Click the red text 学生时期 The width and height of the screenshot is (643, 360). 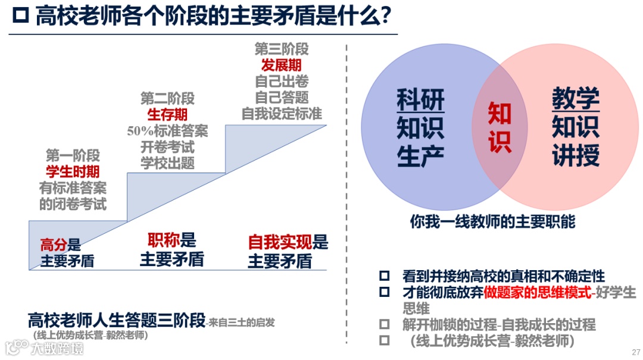tap(73, 172)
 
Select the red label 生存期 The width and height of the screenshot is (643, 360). tap(167, 114)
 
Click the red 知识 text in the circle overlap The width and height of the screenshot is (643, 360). tap(500, 128)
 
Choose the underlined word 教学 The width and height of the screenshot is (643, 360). tap(575, 99)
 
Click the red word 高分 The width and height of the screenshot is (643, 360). tap(53, 245)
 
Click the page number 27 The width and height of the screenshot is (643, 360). tap(635, 352)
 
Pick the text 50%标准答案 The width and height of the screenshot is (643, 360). tap(167, 131)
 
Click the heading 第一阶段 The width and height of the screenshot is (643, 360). tap(73, 156)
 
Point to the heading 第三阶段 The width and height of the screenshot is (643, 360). tap(282, 49)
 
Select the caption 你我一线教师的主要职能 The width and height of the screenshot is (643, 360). tap(492, 222)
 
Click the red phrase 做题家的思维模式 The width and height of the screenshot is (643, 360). tap(538, 292)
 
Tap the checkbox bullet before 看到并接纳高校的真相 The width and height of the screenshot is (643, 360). tap(385, 276)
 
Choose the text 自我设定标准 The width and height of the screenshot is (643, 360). tap(282, 113)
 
